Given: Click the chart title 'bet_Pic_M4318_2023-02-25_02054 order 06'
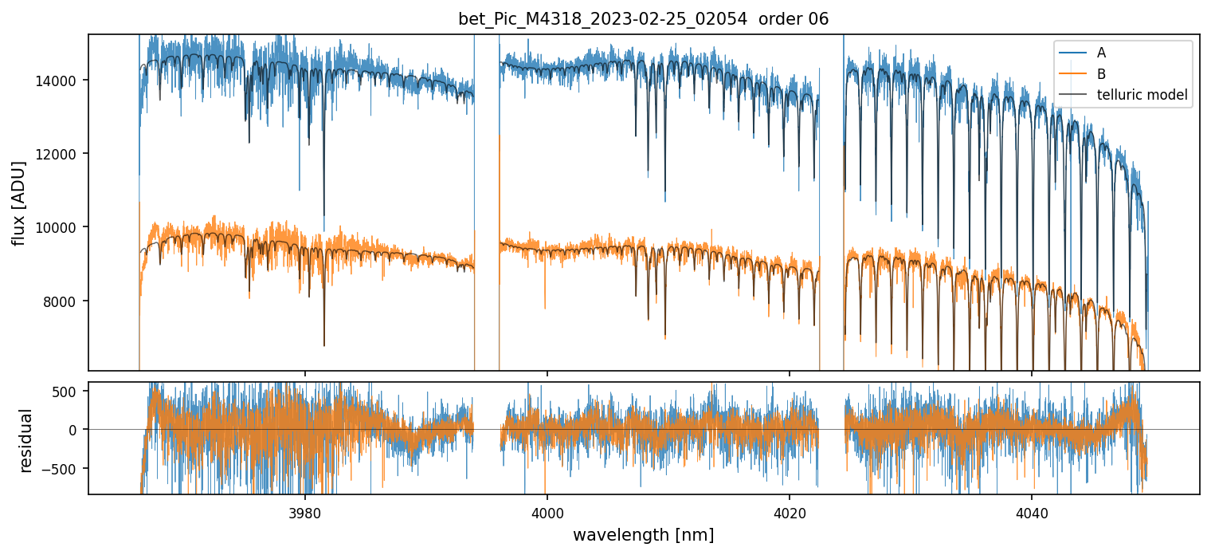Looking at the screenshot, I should pos(643,19).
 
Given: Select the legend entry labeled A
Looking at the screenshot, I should pos(1101,53).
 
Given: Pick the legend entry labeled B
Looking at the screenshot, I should pos(1101,74).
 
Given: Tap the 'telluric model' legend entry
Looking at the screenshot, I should pos(1142,96).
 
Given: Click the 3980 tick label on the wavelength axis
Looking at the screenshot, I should pos(305,510).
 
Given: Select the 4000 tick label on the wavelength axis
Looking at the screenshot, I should pos(547,510).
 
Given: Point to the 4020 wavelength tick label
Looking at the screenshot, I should pos(790,510).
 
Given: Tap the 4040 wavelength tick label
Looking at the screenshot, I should pos(1032,510).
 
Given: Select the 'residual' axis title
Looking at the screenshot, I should pos(26,440).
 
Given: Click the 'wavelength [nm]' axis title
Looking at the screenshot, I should pos(643,534).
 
